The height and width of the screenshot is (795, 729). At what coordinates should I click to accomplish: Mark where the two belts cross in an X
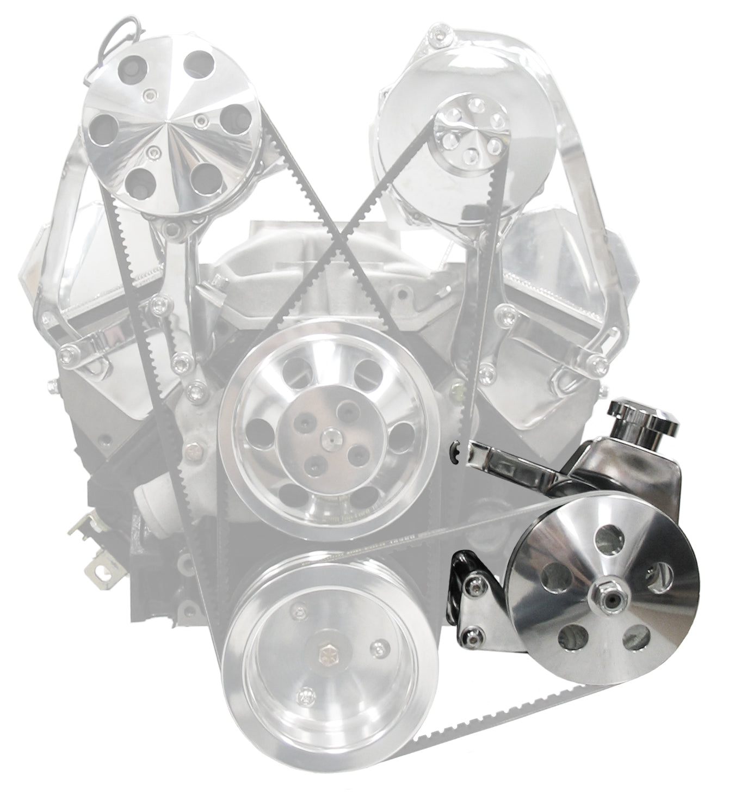pos(341,235)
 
